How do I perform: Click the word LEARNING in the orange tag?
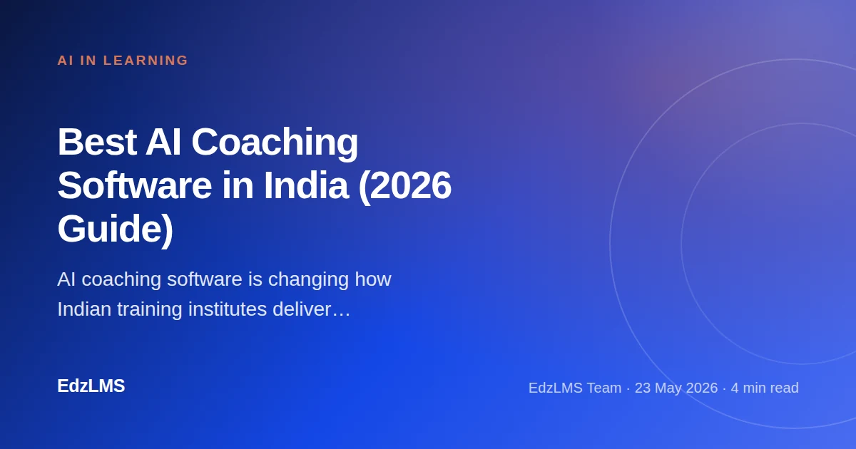click(x=146, y=61)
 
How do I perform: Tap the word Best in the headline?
click(x=97, y=142)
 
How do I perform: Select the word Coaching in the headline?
click(x=275, y=144)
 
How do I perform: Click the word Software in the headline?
click(x=135, y=185)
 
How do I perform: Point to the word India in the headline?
click(x=306, y=185)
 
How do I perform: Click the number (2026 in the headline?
click(x=405, y=187)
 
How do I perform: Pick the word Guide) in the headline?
click(x=116, y=229)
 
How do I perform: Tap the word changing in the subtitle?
click(x=308, y=280)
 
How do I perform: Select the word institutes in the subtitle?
click(x=228, y=309)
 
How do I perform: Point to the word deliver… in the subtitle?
click(x=312, y=309)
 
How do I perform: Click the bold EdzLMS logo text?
click(x=91, y=386)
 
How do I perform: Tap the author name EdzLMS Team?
click(x=575, y=388)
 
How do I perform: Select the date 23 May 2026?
click(x=676, y=388)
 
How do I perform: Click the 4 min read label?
click(x=765, y=388)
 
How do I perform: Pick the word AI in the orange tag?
click(x=66, y=61)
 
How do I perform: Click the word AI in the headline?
click(x=163, y=142)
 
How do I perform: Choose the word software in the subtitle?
click(x=205, y=279)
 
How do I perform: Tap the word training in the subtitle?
click(x=149, y=309)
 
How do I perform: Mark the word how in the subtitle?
click(x=373, y=279)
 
